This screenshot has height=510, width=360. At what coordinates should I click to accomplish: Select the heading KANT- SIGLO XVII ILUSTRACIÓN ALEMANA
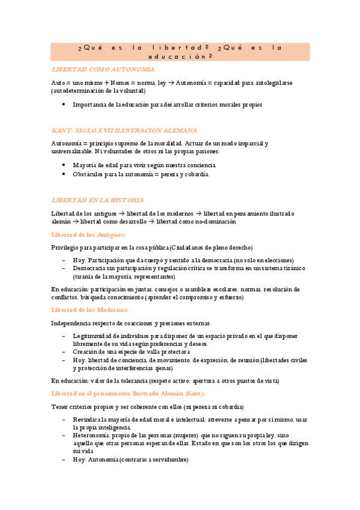pyautogui.click(x=124, y=130)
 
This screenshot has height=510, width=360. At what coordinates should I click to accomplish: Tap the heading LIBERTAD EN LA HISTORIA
pyautogui.click(x=97, y=199)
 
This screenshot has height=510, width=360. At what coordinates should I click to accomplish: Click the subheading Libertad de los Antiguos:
pyautogui.click(x=88, y=235)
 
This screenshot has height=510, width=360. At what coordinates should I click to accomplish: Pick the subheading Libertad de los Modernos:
pyautogui.click(x=90, y=310)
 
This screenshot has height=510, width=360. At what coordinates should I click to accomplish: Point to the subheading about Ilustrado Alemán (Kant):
pyautogui.click(x=128, y=393)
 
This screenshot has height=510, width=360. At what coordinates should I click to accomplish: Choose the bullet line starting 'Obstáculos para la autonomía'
pyautogui.click(x=141, y=174)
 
